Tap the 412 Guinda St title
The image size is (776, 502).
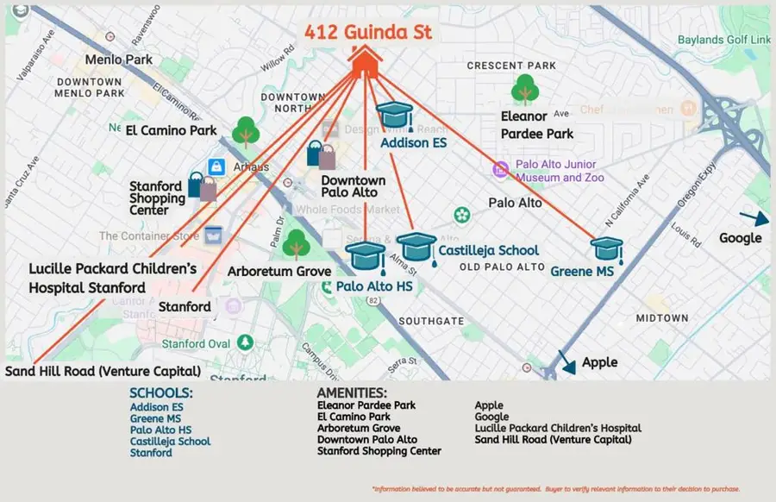pos(367,33)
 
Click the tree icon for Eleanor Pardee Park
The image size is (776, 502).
pos(525,90)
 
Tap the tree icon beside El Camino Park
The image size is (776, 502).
pos(247,132)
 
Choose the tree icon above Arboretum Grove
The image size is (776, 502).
pos(296,245)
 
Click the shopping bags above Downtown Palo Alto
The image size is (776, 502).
pos(321,154)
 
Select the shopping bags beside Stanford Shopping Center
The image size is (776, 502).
pos(203,186)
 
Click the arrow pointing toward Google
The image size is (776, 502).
pos(750,219)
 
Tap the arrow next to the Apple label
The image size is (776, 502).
pos(566,361)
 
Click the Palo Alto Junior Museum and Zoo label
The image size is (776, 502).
pos(560,171)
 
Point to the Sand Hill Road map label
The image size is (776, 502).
pos(103,372)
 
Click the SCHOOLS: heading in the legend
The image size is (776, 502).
pos(161,393)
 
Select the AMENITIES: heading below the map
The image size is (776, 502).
pos(352,393)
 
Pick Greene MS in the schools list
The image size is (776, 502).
pos(155,418)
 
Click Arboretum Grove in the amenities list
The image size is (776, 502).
pos(358,428)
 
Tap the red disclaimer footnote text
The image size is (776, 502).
pos(555,489)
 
